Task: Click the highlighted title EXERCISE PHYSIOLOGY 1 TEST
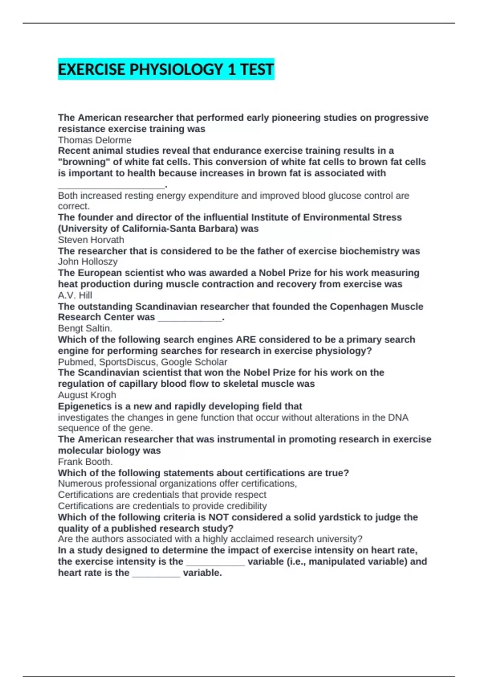pyautogui.click(x=166, y=69)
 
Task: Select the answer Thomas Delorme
pyautogui.click(x=94, y=140)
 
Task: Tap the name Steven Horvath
pyautogui.click(x=91, y=240)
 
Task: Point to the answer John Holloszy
pyautogui.click(x=88, y=262)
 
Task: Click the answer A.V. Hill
pyautogui.click(x=75, y=295)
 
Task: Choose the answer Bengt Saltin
pyautogui.click(x=85, y=328)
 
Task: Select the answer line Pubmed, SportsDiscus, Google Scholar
pyautogui.click(x=142, y=362)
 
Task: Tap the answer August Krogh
pyautogui.click(x=87, y=395)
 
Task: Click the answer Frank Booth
pyautogui.click(x=85, y=462)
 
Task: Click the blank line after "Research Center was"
pyautogui.click(x=190, y=318)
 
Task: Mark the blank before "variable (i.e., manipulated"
pyautogui.click(x=215, y=562)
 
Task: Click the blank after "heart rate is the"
pyautogui.click(x=156, y=573)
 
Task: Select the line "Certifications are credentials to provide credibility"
pyautogui.click(x=162, y=506)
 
